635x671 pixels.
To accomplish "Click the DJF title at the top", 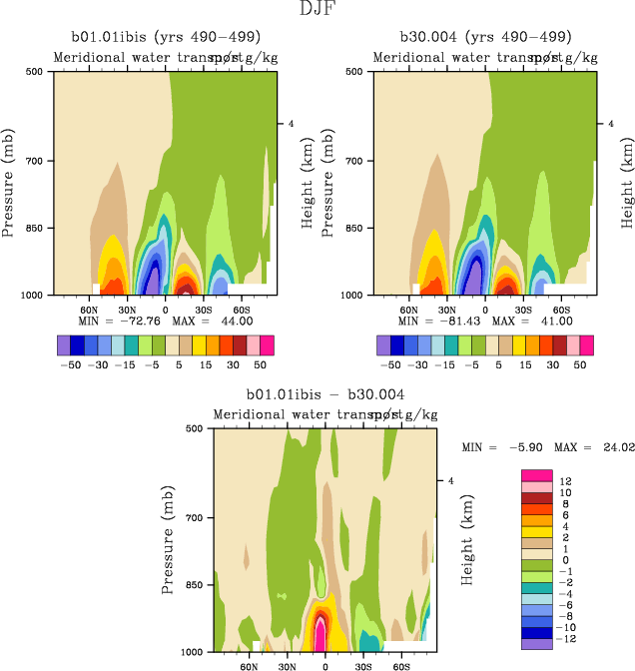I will [317, 10].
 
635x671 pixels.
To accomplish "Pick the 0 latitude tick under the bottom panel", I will [325, 663].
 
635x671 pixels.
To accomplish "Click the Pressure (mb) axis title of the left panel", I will [10, 183].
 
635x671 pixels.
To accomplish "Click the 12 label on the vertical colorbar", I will [565, 480].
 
